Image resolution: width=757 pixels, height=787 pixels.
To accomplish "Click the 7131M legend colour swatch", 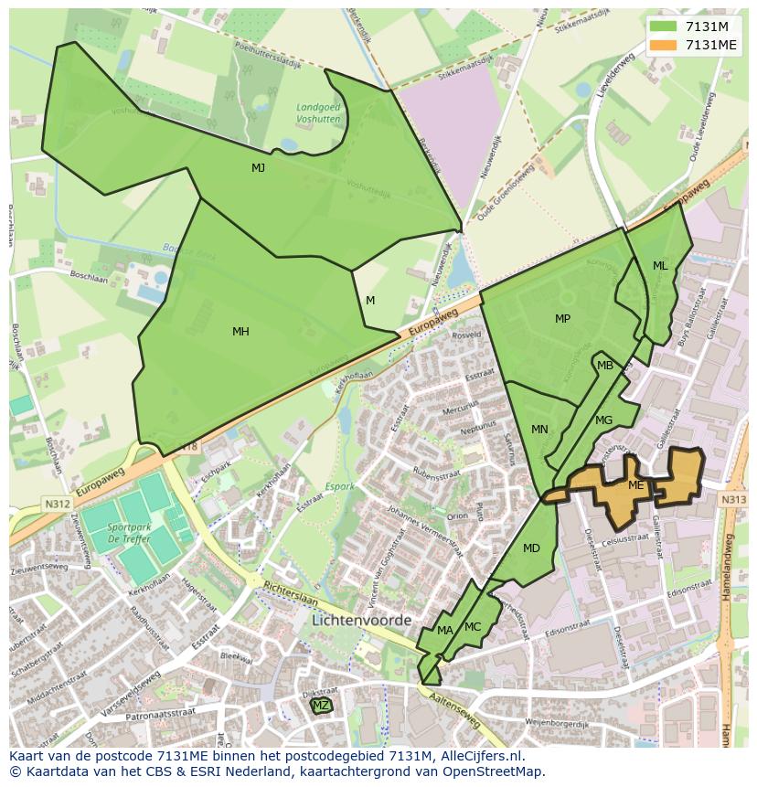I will pyautogui.click(x=664, y=27).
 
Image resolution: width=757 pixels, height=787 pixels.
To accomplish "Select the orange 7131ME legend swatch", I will pyautogui.click(x=664, y=45).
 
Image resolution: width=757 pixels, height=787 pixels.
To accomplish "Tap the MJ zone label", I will pyautogui.click(x=259, y=168).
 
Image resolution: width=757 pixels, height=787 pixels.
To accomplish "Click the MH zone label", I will pyautogui.click(x=240, y=332).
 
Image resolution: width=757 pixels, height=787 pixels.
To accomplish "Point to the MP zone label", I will pyautogui.click(x=562, y=319).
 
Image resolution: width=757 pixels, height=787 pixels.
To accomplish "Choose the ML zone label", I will pyautogui.click(x=660, y=266).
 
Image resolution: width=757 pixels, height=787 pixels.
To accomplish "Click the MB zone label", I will pyautogui.click(x=605, y=366).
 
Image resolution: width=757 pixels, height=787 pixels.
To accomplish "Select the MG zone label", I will pyautogui.click(x=603, y=420).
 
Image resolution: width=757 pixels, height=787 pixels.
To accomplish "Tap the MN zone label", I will pyautogui.click(x=539, y=430).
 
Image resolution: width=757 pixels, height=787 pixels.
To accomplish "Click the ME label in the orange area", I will pyautogui.click(x=636, y=485).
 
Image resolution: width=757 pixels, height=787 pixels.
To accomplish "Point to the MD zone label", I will pyautogui.click(x=531, y=548).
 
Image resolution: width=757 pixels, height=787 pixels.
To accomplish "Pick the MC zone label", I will pyautogui.click(x=473, y=627).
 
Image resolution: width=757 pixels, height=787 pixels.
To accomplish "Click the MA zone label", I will pyautogui.click(x=445, y=631).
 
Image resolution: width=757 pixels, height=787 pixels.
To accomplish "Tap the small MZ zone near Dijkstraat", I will pyautogui.click(x=321, y=706).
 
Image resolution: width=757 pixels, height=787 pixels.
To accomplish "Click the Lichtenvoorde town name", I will pyautogui.click(x=361, y=620).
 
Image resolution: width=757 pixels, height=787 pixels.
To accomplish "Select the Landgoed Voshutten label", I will pyautogui.click(x=318, y=112).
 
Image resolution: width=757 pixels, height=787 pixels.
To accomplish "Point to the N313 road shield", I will pyautogui.click(x=733, y=500).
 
